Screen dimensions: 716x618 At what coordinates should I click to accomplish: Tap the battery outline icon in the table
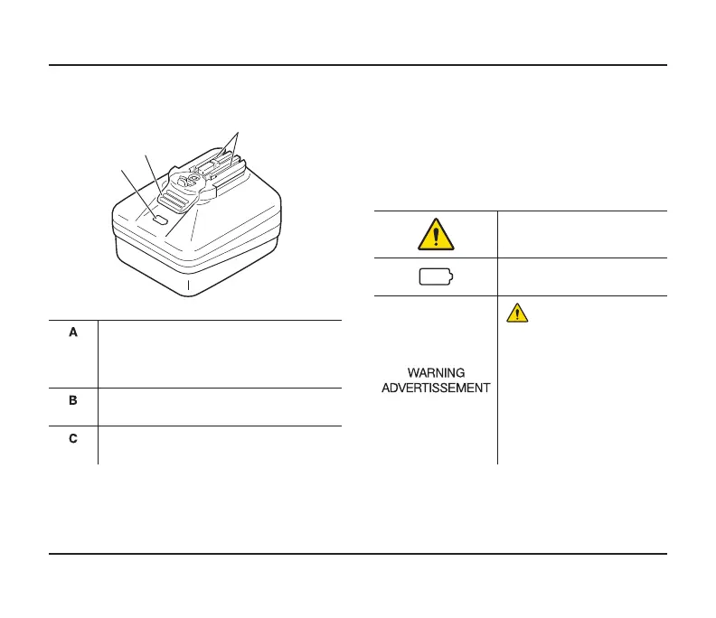click(436, 277)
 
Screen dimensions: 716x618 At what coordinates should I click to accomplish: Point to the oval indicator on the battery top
click(160, 219)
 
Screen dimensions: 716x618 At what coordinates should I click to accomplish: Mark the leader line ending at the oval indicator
click(137, 191)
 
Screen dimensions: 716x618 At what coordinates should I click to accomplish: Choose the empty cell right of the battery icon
click(581, 277)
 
